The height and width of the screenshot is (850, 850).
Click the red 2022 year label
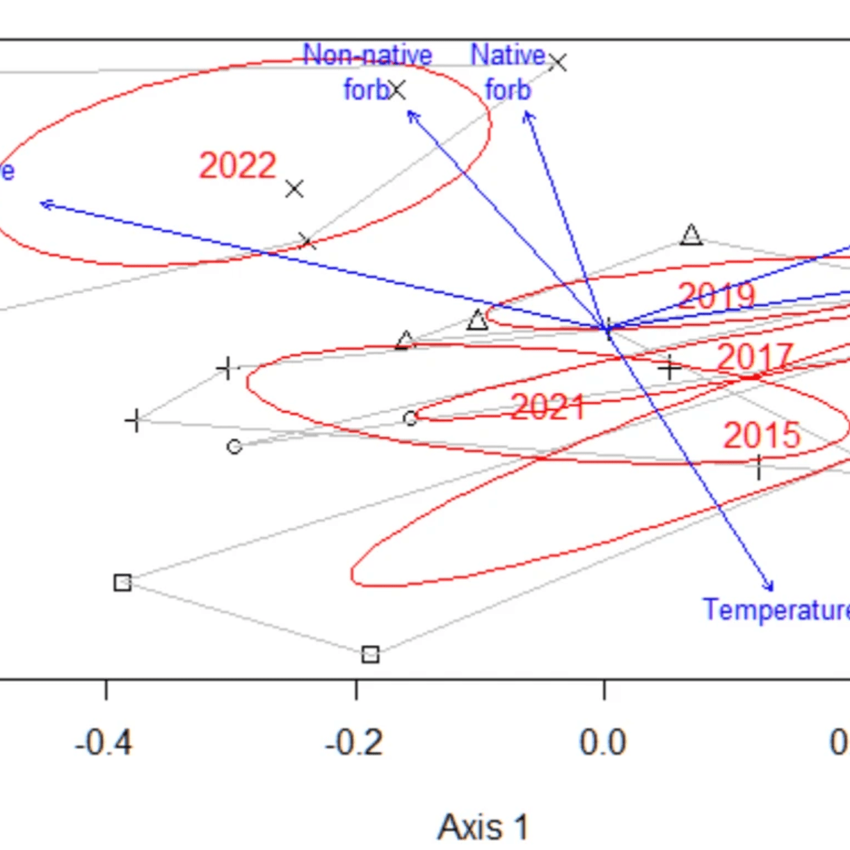[238, 166]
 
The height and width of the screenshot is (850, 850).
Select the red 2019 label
[716, 296]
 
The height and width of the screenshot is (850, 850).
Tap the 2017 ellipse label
[755, 358]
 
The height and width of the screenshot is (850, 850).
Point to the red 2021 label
[547, 407]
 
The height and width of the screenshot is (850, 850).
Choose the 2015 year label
[762, 436]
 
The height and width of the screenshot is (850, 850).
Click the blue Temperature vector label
[776, 609]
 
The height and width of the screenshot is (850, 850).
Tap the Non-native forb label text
[367, 72]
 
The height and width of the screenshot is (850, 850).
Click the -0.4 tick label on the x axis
[104, 743]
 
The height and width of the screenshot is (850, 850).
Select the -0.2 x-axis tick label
[354, 743]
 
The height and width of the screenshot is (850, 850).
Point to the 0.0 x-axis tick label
[603, 743]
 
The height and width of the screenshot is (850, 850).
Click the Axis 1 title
[483, 827]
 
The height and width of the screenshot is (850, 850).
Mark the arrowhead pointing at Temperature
[770, 586]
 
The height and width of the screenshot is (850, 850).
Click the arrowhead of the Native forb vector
[527, 113]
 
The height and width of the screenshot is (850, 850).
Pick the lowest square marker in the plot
[370, 655]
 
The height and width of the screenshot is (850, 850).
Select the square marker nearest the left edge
[122, 582]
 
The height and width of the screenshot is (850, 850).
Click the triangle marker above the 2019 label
[691, 235]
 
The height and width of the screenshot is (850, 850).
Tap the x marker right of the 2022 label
[294, 189]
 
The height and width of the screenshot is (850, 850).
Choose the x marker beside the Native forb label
[558, 63]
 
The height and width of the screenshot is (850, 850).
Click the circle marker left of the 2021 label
[410, 418]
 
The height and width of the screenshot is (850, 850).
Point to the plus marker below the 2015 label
[759, 467]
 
